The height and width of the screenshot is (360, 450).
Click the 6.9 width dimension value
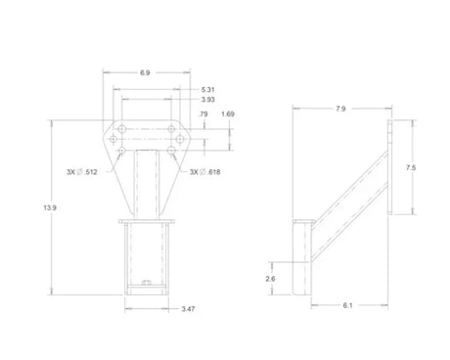point(145,72)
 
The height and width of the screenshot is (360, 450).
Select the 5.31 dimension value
point(208,90)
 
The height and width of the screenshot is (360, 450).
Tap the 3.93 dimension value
point(208,100)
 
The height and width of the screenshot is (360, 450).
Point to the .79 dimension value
point(202,114)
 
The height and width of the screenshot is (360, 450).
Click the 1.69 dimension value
point(228,114)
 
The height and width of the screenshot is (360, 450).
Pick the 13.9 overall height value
point(50,207)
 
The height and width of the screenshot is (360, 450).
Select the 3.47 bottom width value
point(188,309)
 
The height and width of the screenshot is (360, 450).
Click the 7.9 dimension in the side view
point(340,109)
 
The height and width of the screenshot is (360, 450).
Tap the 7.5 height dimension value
point(411,167)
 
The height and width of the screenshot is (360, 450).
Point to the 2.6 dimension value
point(270,279)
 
